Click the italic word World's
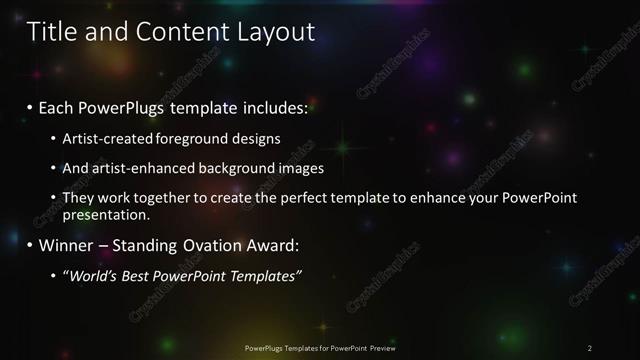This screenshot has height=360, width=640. (x=94, y=275)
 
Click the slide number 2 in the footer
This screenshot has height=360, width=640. (x=589, y=348)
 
